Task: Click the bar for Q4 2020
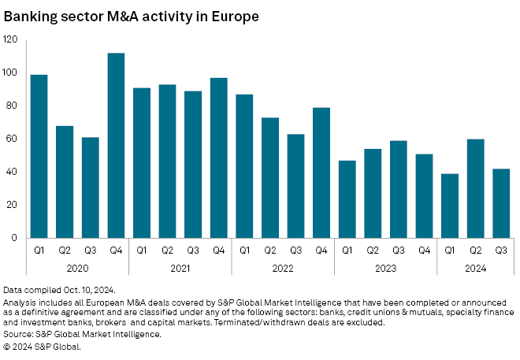116,146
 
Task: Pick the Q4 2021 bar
218,158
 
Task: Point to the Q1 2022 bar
244,166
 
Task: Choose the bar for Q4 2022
321,173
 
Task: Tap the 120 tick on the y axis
10,39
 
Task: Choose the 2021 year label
180,267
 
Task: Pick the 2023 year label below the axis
385,267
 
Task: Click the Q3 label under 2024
501,251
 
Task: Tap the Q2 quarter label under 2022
269,251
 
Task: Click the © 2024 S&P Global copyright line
42,345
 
